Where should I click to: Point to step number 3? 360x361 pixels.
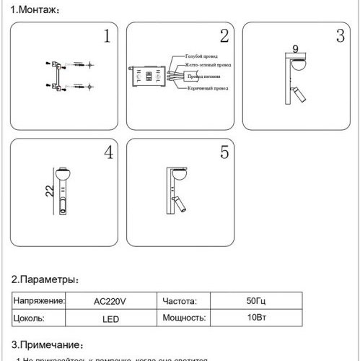click(340, 37)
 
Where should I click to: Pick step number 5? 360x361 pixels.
click(224, 153)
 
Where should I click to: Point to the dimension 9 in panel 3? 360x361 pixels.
click(295, 50)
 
